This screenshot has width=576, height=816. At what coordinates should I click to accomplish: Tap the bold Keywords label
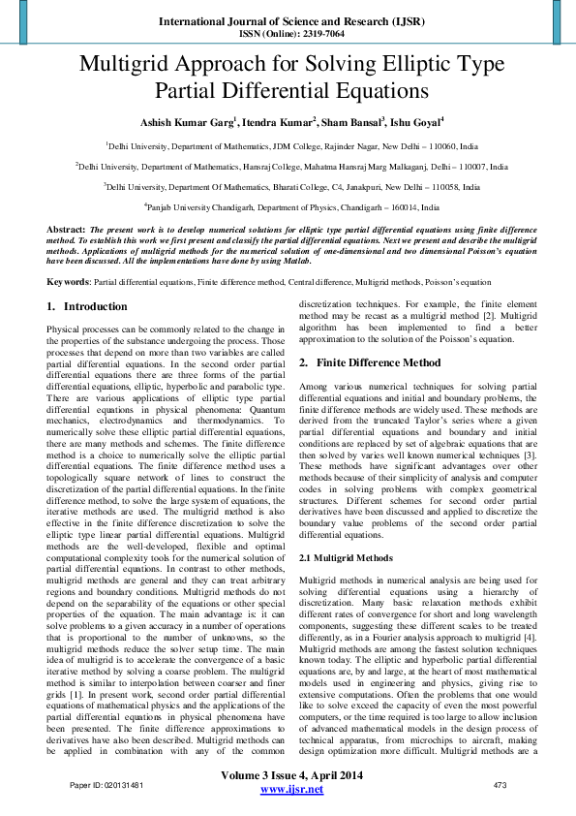(x=68, y=282)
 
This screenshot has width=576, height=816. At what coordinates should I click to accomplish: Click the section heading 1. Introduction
(x=87, y=307)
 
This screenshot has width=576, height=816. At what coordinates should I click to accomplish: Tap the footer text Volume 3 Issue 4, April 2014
(x=292, y=776)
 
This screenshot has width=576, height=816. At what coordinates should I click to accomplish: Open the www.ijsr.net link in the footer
(x=292, y=790)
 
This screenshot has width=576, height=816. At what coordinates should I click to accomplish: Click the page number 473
(x=500, y=785)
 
